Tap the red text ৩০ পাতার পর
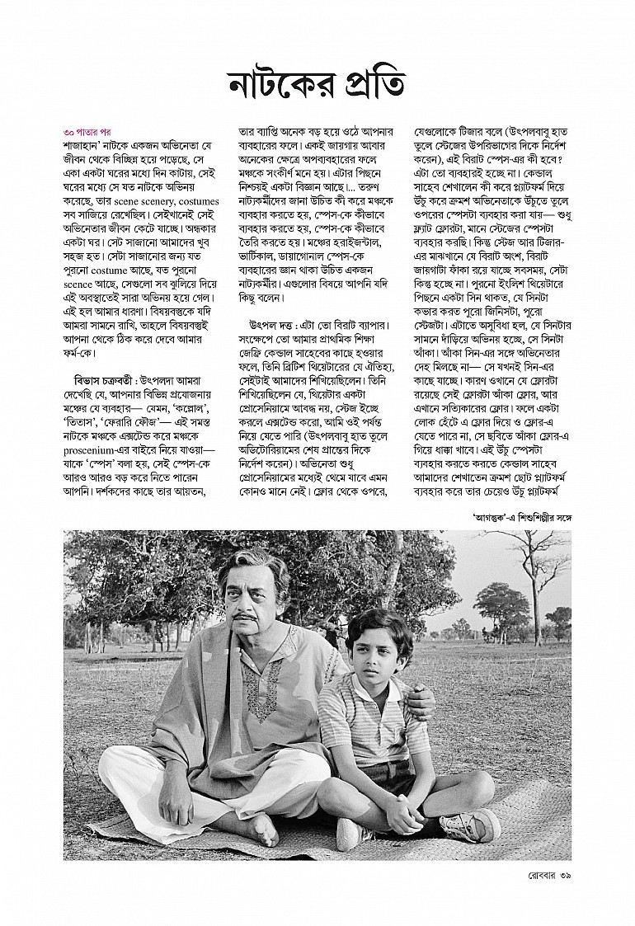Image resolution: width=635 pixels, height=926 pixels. [x=87, y=131]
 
